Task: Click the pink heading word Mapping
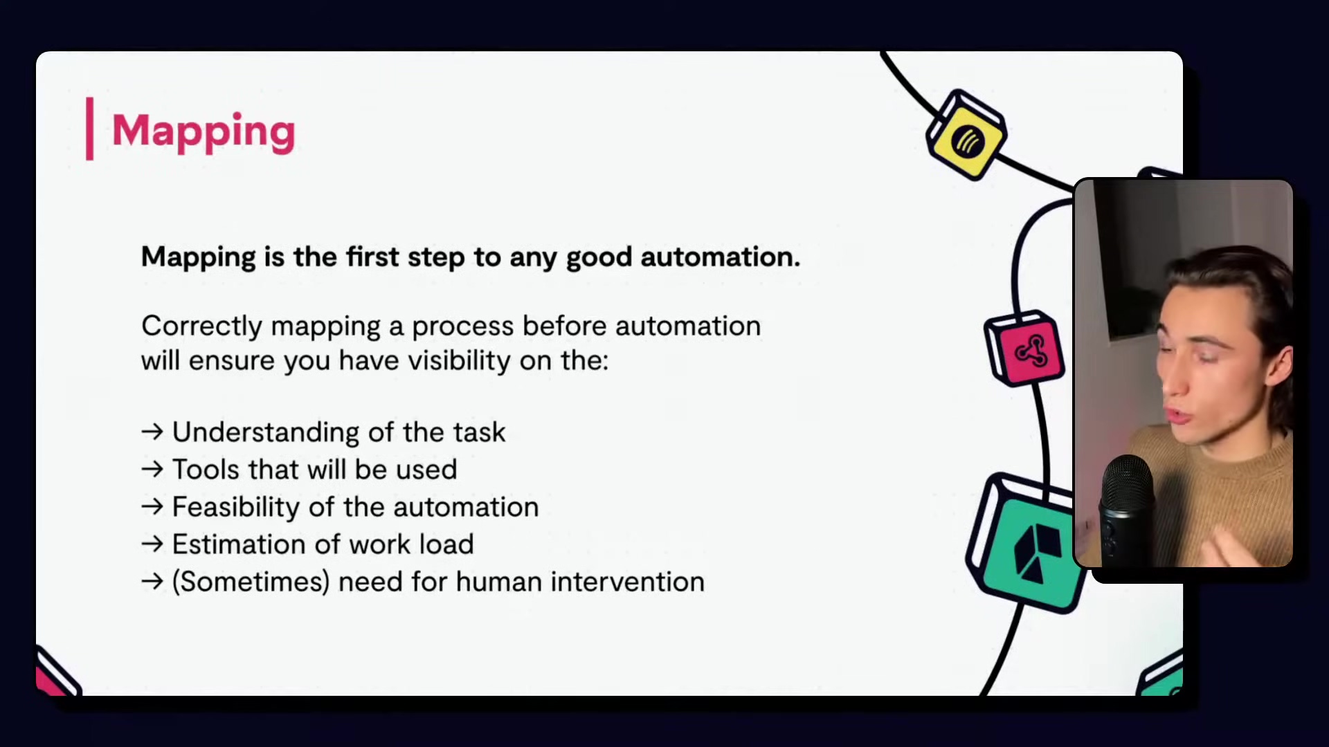click(204, 131)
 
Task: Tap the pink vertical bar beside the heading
click(89, 129)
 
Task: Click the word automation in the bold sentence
click(720, 257)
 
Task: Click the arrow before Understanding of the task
click(152, 432)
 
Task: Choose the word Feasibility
click(236, 508)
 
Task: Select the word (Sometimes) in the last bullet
click(251, 582)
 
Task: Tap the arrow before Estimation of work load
click(152, 544)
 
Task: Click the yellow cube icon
click(967, 136)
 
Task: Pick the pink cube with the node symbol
click(1024, 348)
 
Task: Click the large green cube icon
click(1026, 544)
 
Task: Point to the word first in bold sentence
click(372, 257)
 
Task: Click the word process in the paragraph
click(463, 326)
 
